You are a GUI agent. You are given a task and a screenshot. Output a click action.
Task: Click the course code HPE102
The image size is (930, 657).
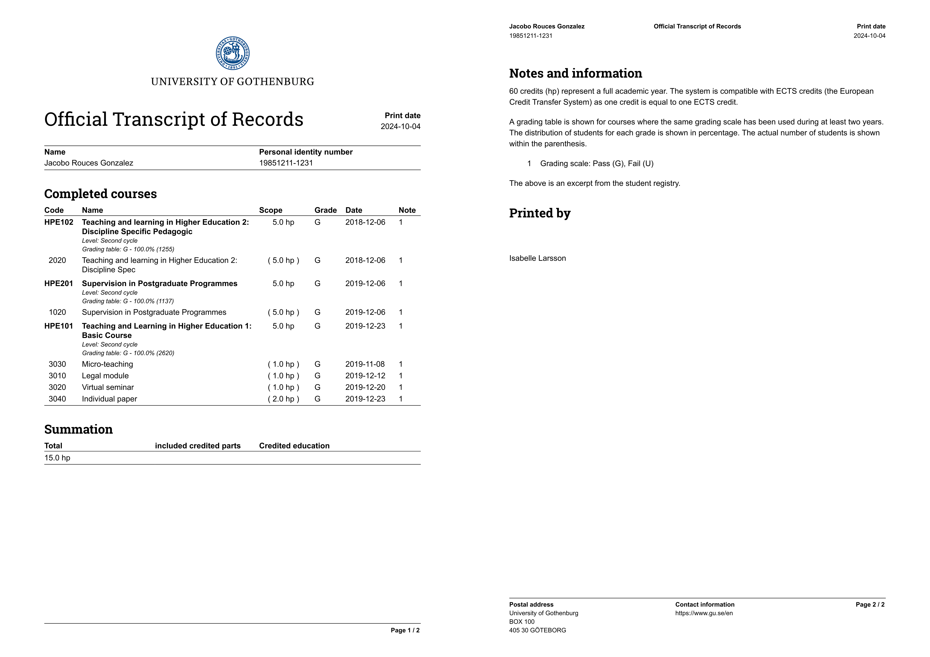[59, 222]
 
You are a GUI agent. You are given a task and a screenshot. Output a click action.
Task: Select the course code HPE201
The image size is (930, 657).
[59, 283]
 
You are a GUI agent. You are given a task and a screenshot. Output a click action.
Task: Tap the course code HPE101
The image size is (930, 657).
[59, 326]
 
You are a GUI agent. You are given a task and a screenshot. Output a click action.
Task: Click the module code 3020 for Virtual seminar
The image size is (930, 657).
[57, 387]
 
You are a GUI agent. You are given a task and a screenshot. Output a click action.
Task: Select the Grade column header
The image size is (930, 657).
[325, 210]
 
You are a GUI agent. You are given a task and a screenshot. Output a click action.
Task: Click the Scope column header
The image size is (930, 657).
[271, 210]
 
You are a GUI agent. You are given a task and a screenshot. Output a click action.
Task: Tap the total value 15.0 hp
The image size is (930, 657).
[57, 458]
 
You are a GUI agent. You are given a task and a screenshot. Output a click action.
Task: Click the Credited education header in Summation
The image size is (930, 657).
[294, 446]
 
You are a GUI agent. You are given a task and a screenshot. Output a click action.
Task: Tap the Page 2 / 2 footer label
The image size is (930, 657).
[870, 605]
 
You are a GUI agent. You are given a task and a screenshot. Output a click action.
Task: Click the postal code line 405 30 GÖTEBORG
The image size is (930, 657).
[538, 630]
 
